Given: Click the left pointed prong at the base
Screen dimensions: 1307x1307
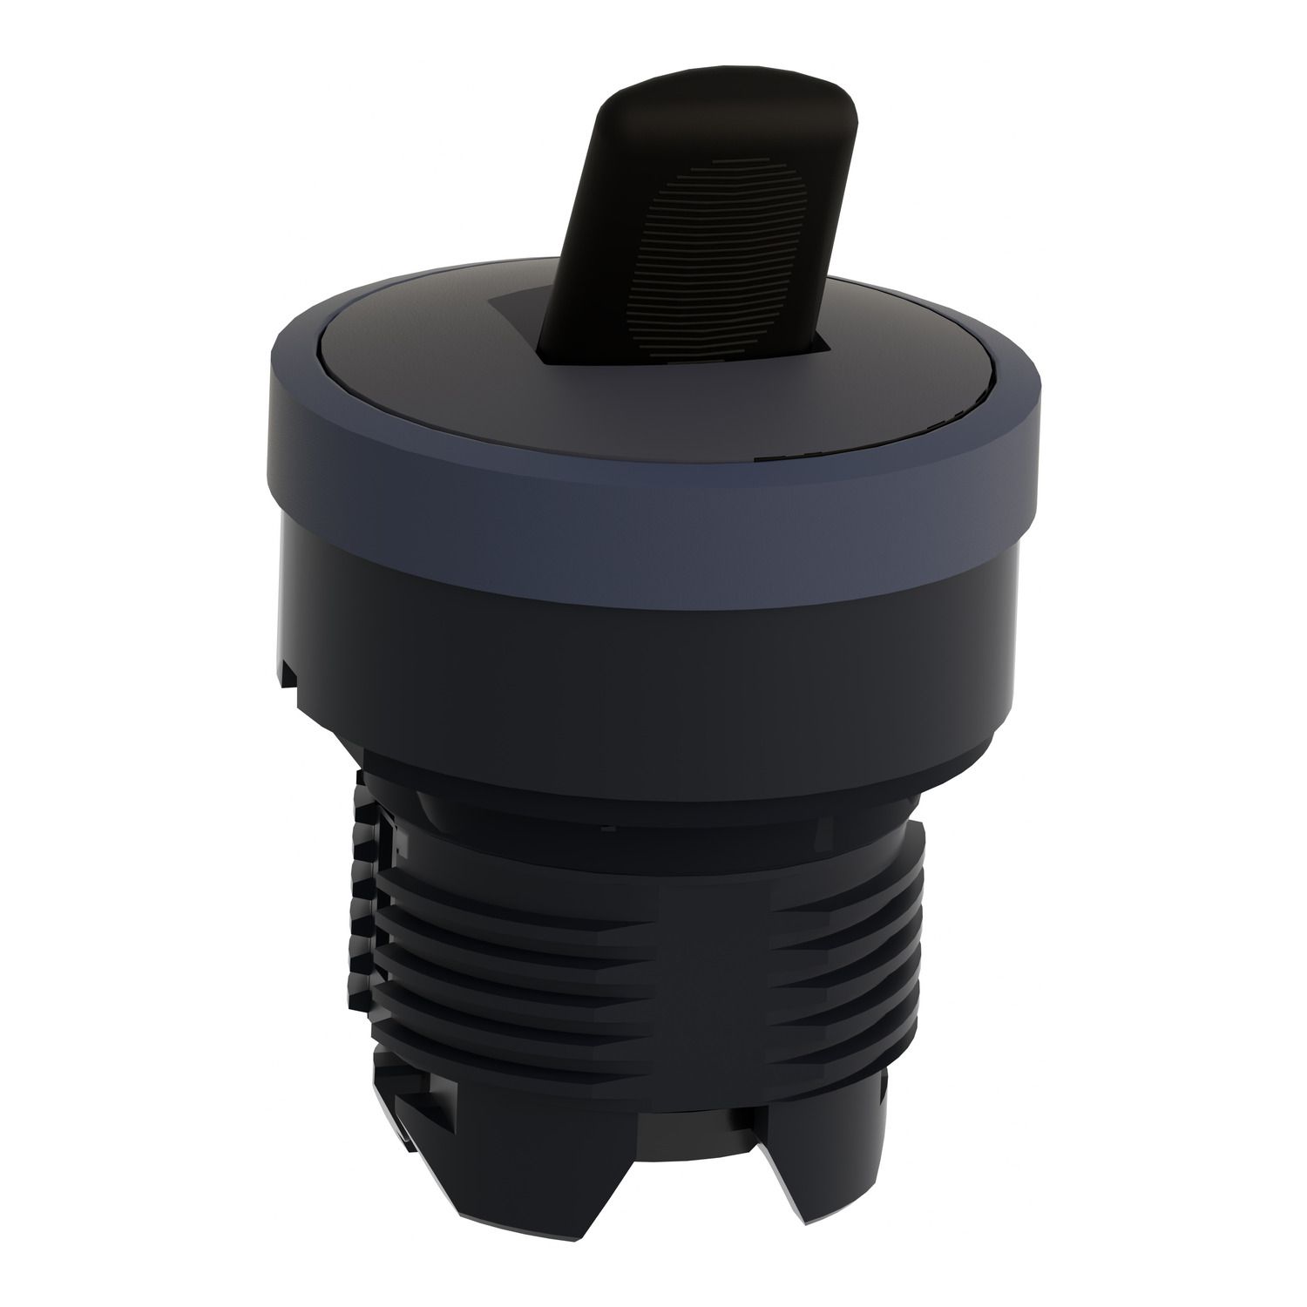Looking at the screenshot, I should click(627, 1220).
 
